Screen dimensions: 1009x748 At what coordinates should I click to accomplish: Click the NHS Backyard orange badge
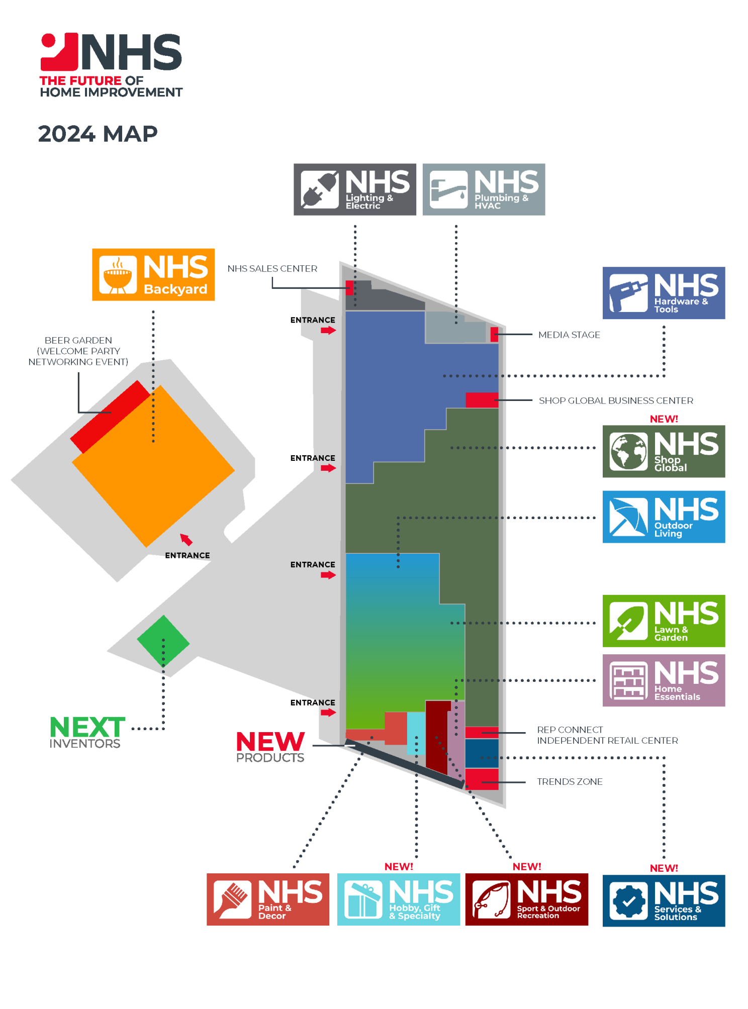click(x=153, y=275)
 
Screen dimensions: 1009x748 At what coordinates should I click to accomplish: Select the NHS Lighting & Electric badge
click(x=354, y=189)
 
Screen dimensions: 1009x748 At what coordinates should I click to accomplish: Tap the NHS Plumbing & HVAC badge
click(x=484, y=189)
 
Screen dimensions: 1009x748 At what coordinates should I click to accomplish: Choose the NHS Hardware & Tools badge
click(x=664, y=293)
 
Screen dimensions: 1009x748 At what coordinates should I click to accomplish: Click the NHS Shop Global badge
click(x=664, y=451)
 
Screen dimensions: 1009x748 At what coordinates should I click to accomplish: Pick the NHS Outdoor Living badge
click(x=664, y=517)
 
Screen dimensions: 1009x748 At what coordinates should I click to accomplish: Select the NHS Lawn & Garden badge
click(x=664, y=621)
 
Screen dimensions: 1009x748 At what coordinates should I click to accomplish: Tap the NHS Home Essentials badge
click(x=664, y=680)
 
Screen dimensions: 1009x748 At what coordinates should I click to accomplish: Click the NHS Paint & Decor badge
click(x=268, y=899)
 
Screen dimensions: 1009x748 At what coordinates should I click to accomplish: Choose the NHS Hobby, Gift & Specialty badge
click(x=398, y=899)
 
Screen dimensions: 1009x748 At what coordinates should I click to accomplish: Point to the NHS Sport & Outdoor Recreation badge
click(x=526, y=899)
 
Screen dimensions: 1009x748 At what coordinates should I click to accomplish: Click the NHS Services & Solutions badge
click(x=664, y=900)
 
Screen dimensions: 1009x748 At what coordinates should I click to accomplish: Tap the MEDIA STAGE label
click(x=569, y=335)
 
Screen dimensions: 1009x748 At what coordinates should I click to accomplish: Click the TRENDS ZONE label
click(x=570, y=782)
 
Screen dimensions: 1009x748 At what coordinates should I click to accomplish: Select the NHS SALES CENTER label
click(x=272, y=269)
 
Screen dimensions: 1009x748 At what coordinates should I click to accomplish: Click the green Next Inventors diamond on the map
click(x=163, y=642)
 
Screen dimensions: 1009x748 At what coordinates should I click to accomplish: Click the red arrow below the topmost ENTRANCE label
click(x=328, y=330)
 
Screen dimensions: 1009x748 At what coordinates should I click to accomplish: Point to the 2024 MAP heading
click(x=98, y=134)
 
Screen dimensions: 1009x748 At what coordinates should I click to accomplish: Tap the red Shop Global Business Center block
click(x=482, y=400)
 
